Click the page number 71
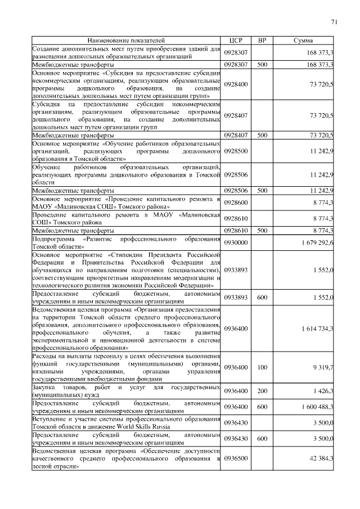tap(334, 22)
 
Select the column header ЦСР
tap(236, 41)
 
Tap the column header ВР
tap(262, 41)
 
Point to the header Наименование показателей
tap(126, 41)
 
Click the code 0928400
tap(236, 84)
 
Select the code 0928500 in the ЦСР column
tap(236, 152)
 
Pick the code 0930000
tap(236, 242)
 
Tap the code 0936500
tap(236, 459)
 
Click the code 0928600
tap(236, 201)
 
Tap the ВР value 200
tap(262, 391)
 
